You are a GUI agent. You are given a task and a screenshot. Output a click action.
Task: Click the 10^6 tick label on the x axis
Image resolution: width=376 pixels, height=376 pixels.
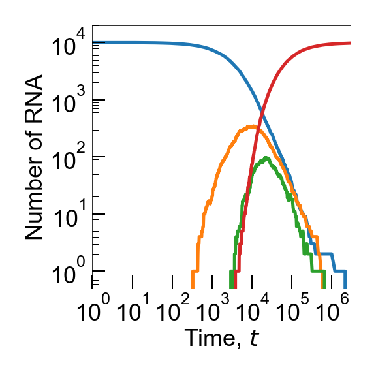[334, 311]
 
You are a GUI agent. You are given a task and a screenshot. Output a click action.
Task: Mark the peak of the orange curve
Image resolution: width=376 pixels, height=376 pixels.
[252, 127]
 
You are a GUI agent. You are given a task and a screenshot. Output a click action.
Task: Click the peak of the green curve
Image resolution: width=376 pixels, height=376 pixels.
[266, 158]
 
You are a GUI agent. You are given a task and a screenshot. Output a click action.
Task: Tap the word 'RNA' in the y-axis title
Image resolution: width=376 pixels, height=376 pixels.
[34, 99]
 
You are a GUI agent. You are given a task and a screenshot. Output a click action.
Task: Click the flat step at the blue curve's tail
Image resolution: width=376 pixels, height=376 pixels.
[325, 254]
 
